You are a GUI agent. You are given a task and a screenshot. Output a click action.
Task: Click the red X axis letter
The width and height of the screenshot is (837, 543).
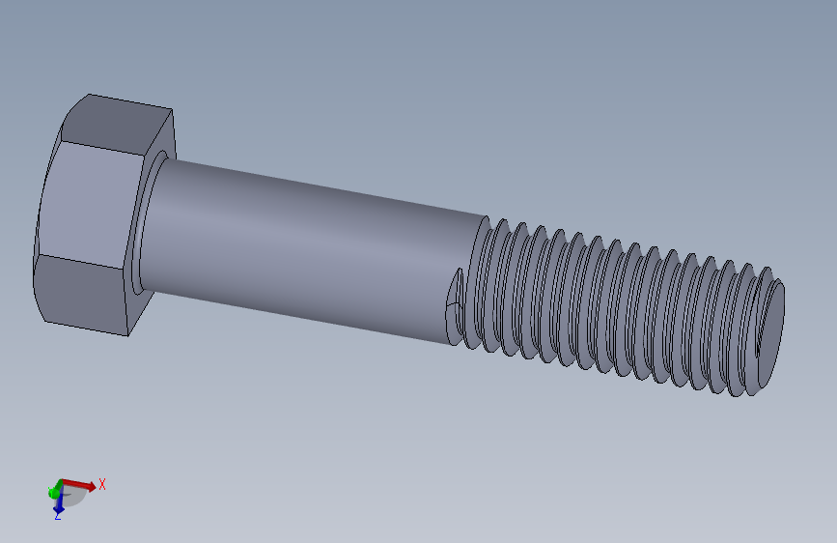point(102,484)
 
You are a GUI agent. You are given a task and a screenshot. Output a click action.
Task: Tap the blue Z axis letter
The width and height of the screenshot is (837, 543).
point(57,516)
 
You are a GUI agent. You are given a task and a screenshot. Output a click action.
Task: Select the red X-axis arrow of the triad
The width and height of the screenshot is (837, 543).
point(81,483)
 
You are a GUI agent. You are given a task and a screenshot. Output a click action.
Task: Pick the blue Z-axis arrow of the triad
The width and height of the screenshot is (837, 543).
point(58,501)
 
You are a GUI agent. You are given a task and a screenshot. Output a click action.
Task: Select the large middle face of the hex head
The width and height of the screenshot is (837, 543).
point(87,206)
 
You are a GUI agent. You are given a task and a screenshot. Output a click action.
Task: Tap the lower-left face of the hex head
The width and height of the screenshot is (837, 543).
point(82,296)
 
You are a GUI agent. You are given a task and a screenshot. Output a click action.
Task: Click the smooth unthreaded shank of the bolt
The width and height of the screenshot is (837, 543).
point(309,246)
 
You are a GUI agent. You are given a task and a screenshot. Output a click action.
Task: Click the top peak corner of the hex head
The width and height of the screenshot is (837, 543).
point(89,95)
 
